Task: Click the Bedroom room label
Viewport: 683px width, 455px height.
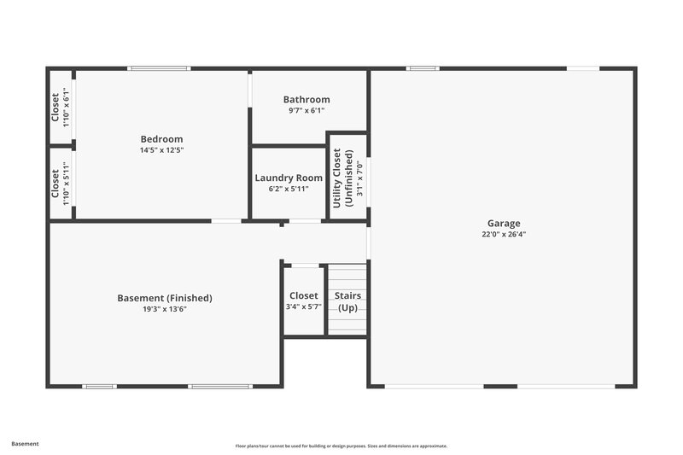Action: point(161,139)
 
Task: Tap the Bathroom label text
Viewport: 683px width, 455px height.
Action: point(306,99)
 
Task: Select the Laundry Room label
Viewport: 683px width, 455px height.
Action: point(289,178)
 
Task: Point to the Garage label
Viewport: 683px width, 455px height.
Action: point(504,223)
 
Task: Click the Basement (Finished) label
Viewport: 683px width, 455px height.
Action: point(164,298)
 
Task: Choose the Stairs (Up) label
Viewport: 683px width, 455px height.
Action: point(347,301)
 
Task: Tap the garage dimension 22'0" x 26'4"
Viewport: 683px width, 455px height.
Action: point(504,234)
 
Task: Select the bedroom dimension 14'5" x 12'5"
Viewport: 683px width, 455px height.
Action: point(161,150)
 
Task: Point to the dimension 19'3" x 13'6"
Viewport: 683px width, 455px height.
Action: point(164,309)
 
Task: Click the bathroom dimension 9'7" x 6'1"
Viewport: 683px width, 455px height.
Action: point(306,110)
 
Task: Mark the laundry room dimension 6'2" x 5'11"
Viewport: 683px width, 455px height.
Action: point(289,190)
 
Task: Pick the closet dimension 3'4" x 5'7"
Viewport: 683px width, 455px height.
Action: point(303,306)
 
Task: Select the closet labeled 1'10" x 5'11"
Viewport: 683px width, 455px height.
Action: point(60,182)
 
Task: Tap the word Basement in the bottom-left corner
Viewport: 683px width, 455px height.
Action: point(25,444)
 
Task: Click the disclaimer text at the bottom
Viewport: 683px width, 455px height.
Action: point(341,446)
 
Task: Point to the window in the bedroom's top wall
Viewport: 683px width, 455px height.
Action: point(160,68)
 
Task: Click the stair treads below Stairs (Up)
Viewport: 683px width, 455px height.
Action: point(347,325)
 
